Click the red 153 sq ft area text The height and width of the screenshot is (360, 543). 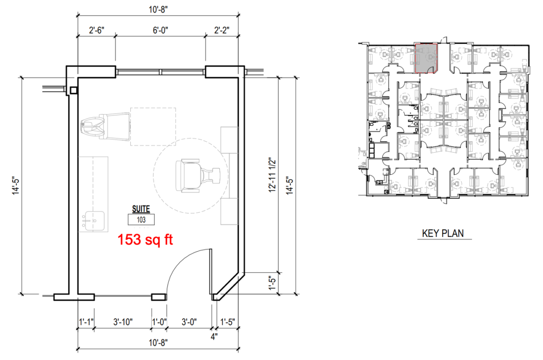tap(145, 240)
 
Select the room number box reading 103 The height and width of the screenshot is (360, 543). tap(141, 220)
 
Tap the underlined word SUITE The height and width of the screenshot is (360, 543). tap(141, 209)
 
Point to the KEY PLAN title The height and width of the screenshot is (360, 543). tap(443, 233)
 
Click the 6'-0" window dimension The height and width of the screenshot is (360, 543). tap(160, 30)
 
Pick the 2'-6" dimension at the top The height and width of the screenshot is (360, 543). tap(96, 30)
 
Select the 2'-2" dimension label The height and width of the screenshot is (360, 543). tap(222, 30)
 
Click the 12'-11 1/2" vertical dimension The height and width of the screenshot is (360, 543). tap(272, 175)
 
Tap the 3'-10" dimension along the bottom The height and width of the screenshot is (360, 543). tap(123, 322)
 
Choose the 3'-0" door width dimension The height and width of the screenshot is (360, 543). tap(189, 322)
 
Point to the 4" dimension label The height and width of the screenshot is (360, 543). tap(214, 337)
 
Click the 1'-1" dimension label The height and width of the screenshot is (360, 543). tap(86, 322)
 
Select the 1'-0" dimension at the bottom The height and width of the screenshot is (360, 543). tap(159, 322)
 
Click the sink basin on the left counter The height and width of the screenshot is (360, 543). tap(93, 221)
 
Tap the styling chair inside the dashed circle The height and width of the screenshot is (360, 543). tap(198, 176)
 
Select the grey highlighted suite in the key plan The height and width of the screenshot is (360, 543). tap(426, 58)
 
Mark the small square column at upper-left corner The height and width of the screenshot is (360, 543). tap(73, 91)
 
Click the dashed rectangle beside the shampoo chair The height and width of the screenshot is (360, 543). tap(153, 127)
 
